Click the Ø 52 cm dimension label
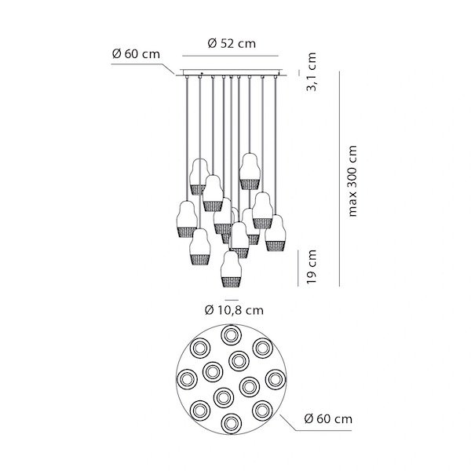pos(232,44)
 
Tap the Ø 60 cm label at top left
pos(136,54)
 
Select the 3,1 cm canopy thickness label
pos(311,71)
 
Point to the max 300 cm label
pos(352,181)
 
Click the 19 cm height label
pos(311,267)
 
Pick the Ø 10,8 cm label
pos(234,310)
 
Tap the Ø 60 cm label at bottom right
pos(328,418)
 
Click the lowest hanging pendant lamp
pos(231,269)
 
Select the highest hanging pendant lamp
pos(250,171)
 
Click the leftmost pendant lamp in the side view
pos(187,219)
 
